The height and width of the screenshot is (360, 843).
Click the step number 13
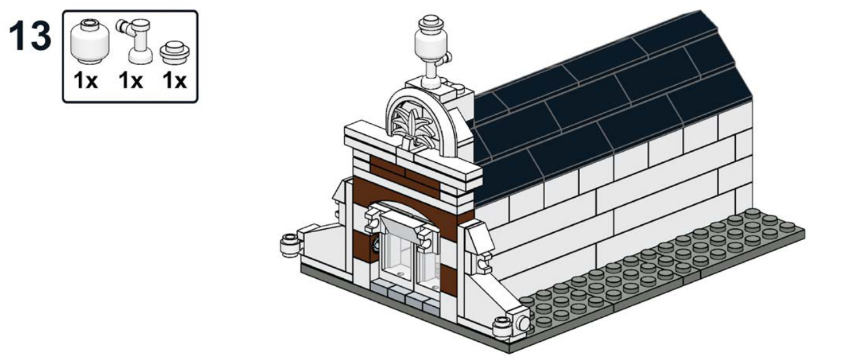coord(30,36)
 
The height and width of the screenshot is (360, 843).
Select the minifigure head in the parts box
coord(90,42)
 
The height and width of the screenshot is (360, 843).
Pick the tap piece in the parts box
coord(136,41)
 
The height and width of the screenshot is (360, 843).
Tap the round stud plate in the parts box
coord(175,53)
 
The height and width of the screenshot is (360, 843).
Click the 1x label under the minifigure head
coord(86,80)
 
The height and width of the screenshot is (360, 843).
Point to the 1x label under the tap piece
coord(130,80)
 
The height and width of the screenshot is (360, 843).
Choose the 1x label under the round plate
coord(175,80)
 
